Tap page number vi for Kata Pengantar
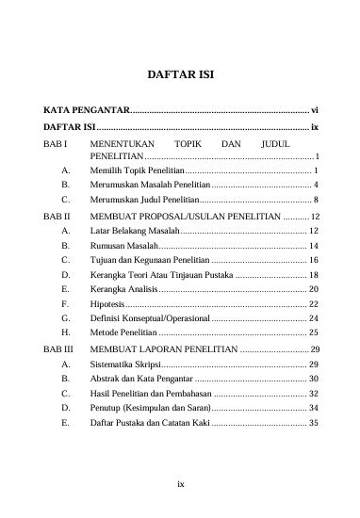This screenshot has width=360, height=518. tap(317, 109)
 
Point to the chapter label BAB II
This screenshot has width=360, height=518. tap(59, 216)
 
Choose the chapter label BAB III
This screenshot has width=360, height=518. tap(61, 348)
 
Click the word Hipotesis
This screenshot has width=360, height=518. tap(107, 303)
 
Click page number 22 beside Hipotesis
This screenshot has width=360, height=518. tap(314, 303)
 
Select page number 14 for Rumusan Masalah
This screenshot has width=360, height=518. tap(314, 246)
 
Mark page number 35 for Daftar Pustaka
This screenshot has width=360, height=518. tap(314, 423)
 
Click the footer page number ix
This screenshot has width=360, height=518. tap(180, 484)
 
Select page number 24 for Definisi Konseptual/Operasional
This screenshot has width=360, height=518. tap(314, 318)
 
